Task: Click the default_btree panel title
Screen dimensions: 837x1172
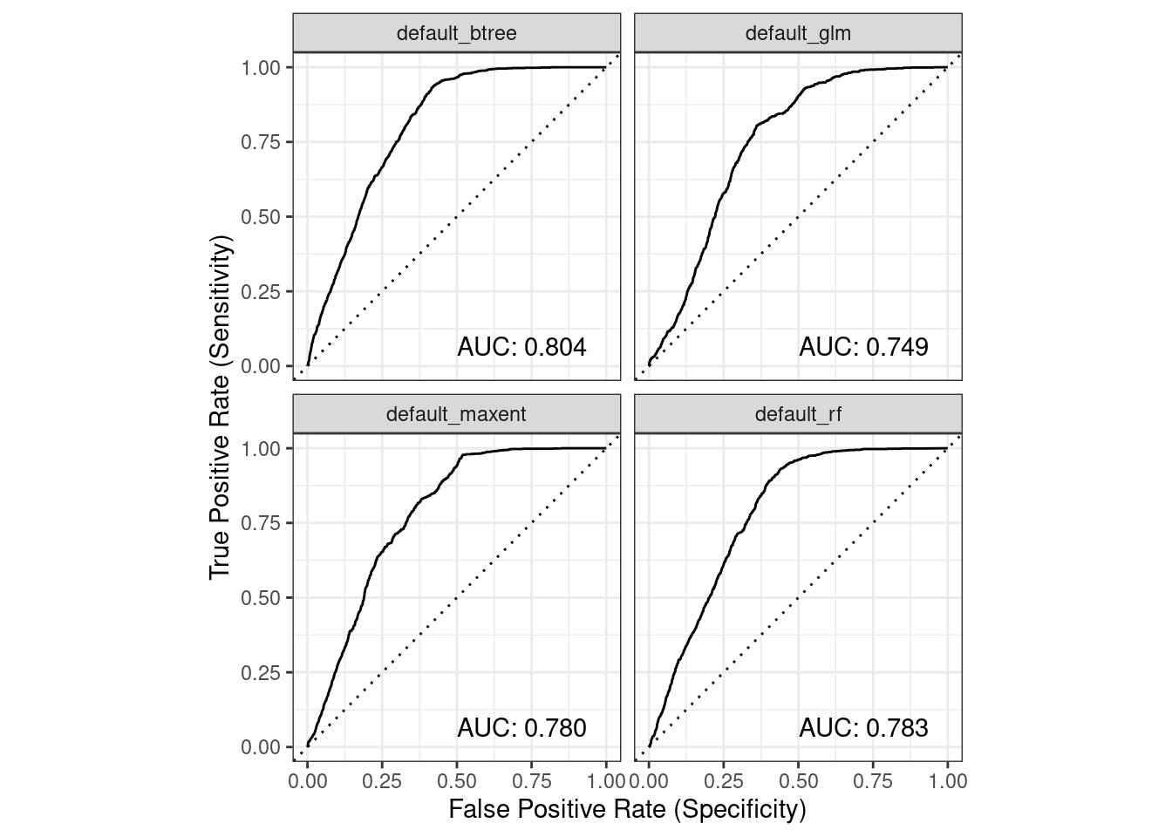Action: tap(456, 34)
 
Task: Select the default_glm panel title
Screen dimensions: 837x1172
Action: tap(798, 34)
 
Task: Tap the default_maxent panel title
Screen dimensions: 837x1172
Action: tap(456, 414)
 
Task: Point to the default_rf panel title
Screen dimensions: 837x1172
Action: tap(798, 414)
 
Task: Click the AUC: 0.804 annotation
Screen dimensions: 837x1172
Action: tap(521, 347)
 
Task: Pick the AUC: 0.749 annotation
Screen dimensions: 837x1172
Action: tap(863, 347)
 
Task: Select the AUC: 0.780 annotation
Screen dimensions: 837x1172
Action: tap(521, 727)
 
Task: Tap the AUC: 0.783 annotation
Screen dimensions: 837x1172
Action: tap(863, 727)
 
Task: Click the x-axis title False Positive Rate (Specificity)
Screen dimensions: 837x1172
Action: tap(627, 809)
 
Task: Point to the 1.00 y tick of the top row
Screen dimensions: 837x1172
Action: tap(262, 68)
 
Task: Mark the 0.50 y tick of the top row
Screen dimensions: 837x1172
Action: tap(262, 217)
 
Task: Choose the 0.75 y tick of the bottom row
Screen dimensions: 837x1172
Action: tap(262, 523)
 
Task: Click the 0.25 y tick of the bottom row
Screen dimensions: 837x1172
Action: tap(262, 673)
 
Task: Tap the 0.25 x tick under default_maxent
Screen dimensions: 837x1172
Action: tap(382, 781)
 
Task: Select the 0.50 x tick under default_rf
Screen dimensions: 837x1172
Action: tap(798, 781)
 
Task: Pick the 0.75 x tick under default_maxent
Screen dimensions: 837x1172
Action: tap(532, 781)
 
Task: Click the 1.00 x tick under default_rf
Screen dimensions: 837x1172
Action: tap(948, 781)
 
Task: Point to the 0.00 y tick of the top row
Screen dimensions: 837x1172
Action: tap(262, 367)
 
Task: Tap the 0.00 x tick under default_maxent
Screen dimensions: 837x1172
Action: tap(307, 781)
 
